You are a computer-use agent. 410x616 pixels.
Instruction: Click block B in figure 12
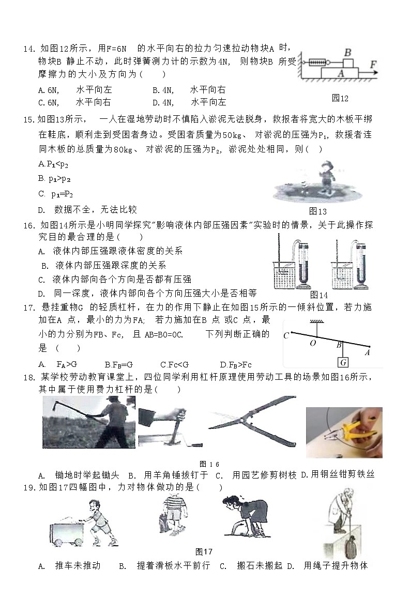point(348,63)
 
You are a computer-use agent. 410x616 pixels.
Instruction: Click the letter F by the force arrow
point(373,65)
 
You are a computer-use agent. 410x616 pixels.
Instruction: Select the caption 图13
point(317,211)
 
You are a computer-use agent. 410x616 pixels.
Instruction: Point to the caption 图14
point(318,295)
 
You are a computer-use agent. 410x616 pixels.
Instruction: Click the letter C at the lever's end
point(286,336)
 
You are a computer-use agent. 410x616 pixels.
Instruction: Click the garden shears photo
point(252,421)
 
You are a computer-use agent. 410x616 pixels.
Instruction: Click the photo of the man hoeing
point(89,422)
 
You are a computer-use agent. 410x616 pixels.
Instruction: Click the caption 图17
point(204,551)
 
